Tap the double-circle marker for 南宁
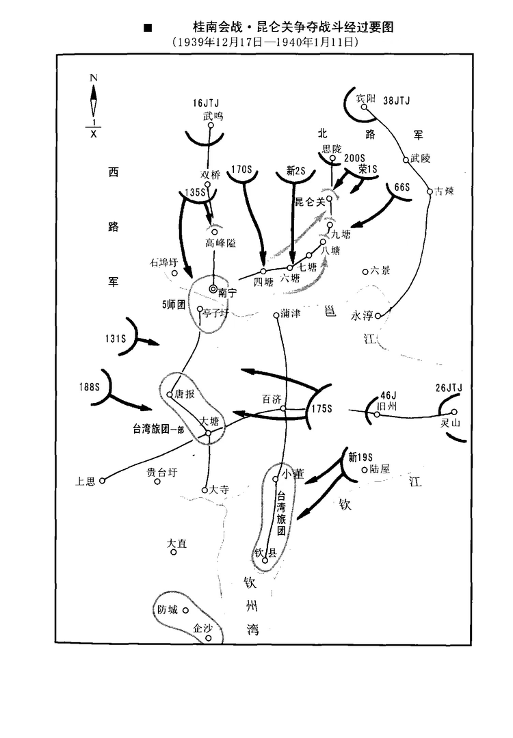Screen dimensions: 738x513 click(213, 289)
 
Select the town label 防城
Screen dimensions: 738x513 click(168, 610)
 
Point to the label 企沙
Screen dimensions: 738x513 click(203, 627)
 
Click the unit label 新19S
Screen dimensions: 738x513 click(360, 456)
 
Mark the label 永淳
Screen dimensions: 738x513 click(363, 316)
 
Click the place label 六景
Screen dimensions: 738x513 click(380, 271)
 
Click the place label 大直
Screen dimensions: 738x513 click(176, 544)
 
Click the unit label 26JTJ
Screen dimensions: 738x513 click(448, 388)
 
